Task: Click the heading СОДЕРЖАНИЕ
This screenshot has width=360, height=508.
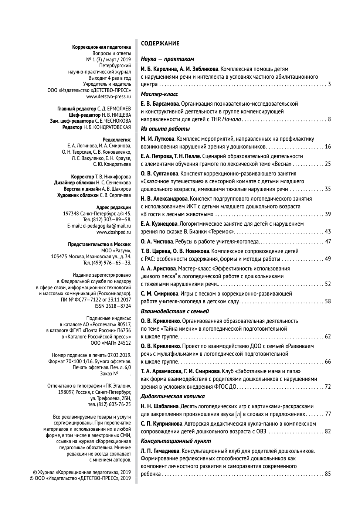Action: [x=160, y=44]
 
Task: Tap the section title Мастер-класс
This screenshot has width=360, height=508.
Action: [x=159, y=94]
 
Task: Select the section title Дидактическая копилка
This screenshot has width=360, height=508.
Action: [x=173, y=396]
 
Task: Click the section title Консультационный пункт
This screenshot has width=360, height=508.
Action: [x=176, y=441]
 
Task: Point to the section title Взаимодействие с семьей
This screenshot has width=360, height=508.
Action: [x=175, y=311]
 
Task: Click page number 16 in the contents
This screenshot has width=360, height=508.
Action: [x=327, y=147]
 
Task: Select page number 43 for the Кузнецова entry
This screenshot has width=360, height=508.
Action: [x=327, y=232]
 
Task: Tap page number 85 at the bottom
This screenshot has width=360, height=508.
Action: [x=327, y=474]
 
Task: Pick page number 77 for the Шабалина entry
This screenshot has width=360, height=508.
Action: [x=327, y=414]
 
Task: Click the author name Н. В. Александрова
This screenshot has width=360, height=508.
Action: [x=164, y=199]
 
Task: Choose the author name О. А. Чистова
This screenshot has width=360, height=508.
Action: [x=157, y=242]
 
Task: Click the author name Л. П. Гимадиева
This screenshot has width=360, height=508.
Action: [x=160, y=451]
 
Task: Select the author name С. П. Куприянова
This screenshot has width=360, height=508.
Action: [x=161, y=424]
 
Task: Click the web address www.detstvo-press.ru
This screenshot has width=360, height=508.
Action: [x=109, y=96]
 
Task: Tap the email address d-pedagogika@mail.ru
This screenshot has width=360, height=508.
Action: [x=107, y=226]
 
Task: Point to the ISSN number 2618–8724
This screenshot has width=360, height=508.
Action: [x=118, y=306]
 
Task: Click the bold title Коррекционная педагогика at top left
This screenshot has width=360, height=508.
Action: [x=102, y=47]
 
